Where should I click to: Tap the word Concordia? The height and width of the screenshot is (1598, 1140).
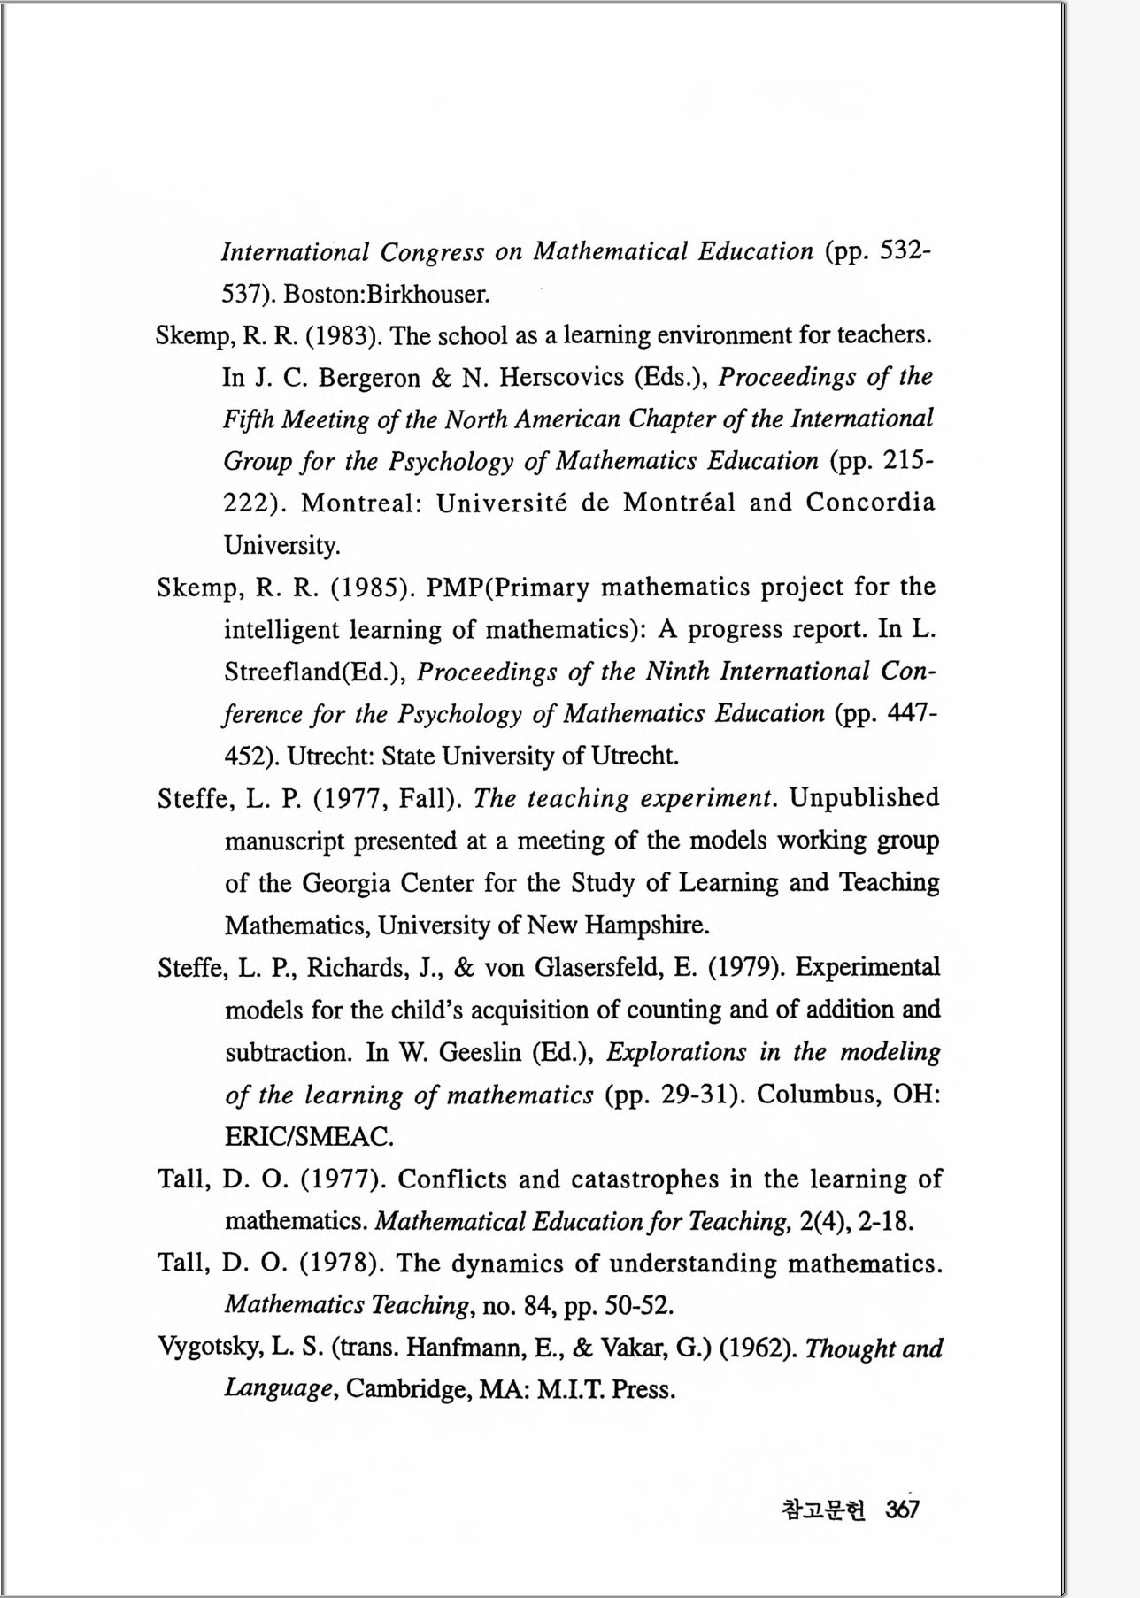[x=869, y=503]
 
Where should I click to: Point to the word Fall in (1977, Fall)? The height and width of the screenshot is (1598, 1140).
[x=427, y=799]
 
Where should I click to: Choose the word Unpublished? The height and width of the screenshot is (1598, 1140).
[x=864, y=798]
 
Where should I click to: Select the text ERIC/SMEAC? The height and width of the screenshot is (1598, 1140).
[x=309, y=1136]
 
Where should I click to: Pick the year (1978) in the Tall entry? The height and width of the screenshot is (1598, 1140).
[x=342, y=1264]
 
